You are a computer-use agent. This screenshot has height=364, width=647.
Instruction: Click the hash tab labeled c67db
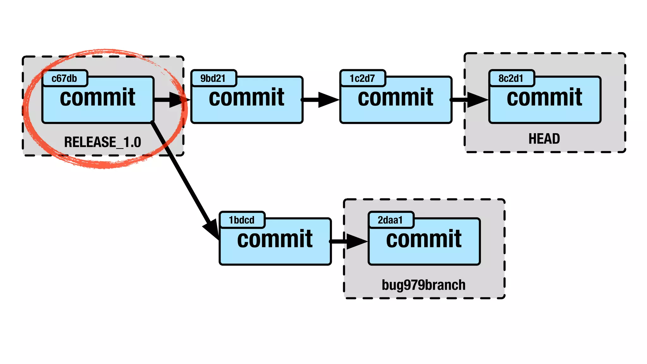coord(64,78)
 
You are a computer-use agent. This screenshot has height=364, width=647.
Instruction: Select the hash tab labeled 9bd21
coord(213,78)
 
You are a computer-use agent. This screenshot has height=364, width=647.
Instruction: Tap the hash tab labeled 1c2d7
coord(362,78)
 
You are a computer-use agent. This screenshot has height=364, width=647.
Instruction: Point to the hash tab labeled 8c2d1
coord(511,78)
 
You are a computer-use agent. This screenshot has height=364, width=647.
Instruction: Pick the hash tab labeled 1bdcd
coord(242,220)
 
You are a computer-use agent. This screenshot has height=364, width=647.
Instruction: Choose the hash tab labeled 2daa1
coord(390,220)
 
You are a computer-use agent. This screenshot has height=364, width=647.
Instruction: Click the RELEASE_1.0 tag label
coord(103,142)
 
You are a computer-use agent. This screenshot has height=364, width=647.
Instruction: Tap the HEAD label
coord(544,139)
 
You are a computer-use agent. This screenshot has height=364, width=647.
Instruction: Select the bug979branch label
coord(424,285)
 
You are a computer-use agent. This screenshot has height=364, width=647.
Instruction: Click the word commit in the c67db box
coord(98,98)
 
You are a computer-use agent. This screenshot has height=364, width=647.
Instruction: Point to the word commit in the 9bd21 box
coord(246,98)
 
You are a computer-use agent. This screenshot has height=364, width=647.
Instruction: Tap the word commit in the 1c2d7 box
coord(396,98)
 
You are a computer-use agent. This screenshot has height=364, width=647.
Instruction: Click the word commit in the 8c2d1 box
coord(545,98)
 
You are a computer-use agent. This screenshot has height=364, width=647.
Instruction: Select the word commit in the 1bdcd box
coord(275,239)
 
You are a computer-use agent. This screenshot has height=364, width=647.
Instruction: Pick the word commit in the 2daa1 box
coord(424,239)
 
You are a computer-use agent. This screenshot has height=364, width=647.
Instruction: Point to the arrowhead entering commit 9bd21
coord(179,100)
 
